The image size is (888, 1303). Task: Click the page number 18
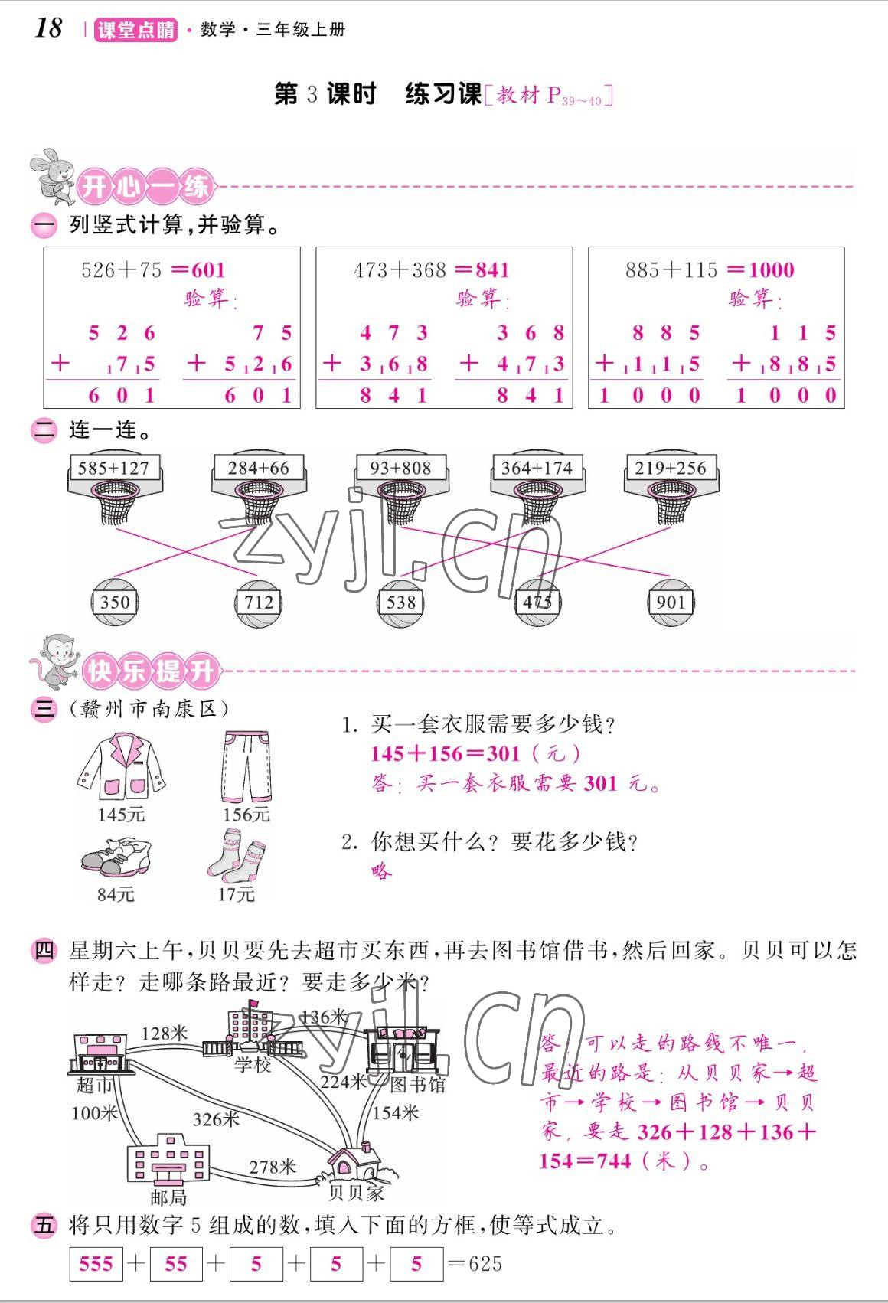pos(48,28)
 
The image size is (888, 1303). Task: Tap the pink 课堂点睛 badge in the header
pos(135,30)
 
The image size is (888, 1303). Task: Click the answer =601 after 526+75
pos(198,270)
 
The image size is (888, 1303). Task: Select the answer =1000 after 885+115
pos(761,270)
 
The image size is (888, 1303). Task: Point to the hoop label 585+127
pos(114,469)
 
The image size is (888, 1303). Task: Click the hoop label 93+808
pos(400,469)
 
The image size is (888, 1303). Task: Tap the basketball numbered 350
pos(115,602)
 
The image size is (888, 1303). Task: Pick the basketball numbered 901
pos(671,602)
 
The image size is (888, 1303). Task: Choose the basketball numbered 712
pos(258,602)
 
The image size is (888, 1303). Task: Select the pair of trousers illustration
pos(246,766)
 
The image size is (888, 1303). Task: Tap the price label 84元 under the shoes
pos(116,894)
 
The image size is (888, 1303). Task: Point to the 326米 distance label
pos(216,1118)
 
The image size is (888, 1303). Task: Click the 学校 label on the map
pos(253,1064)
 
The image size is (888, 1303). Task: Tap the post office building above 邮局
pos(168,1159)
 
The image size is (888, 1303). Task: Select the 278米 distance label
pos(273,1166)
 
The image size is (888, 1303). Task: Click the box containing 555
pos(96,1263)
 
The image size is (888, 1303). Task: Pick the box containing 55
pos(176,1263)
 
